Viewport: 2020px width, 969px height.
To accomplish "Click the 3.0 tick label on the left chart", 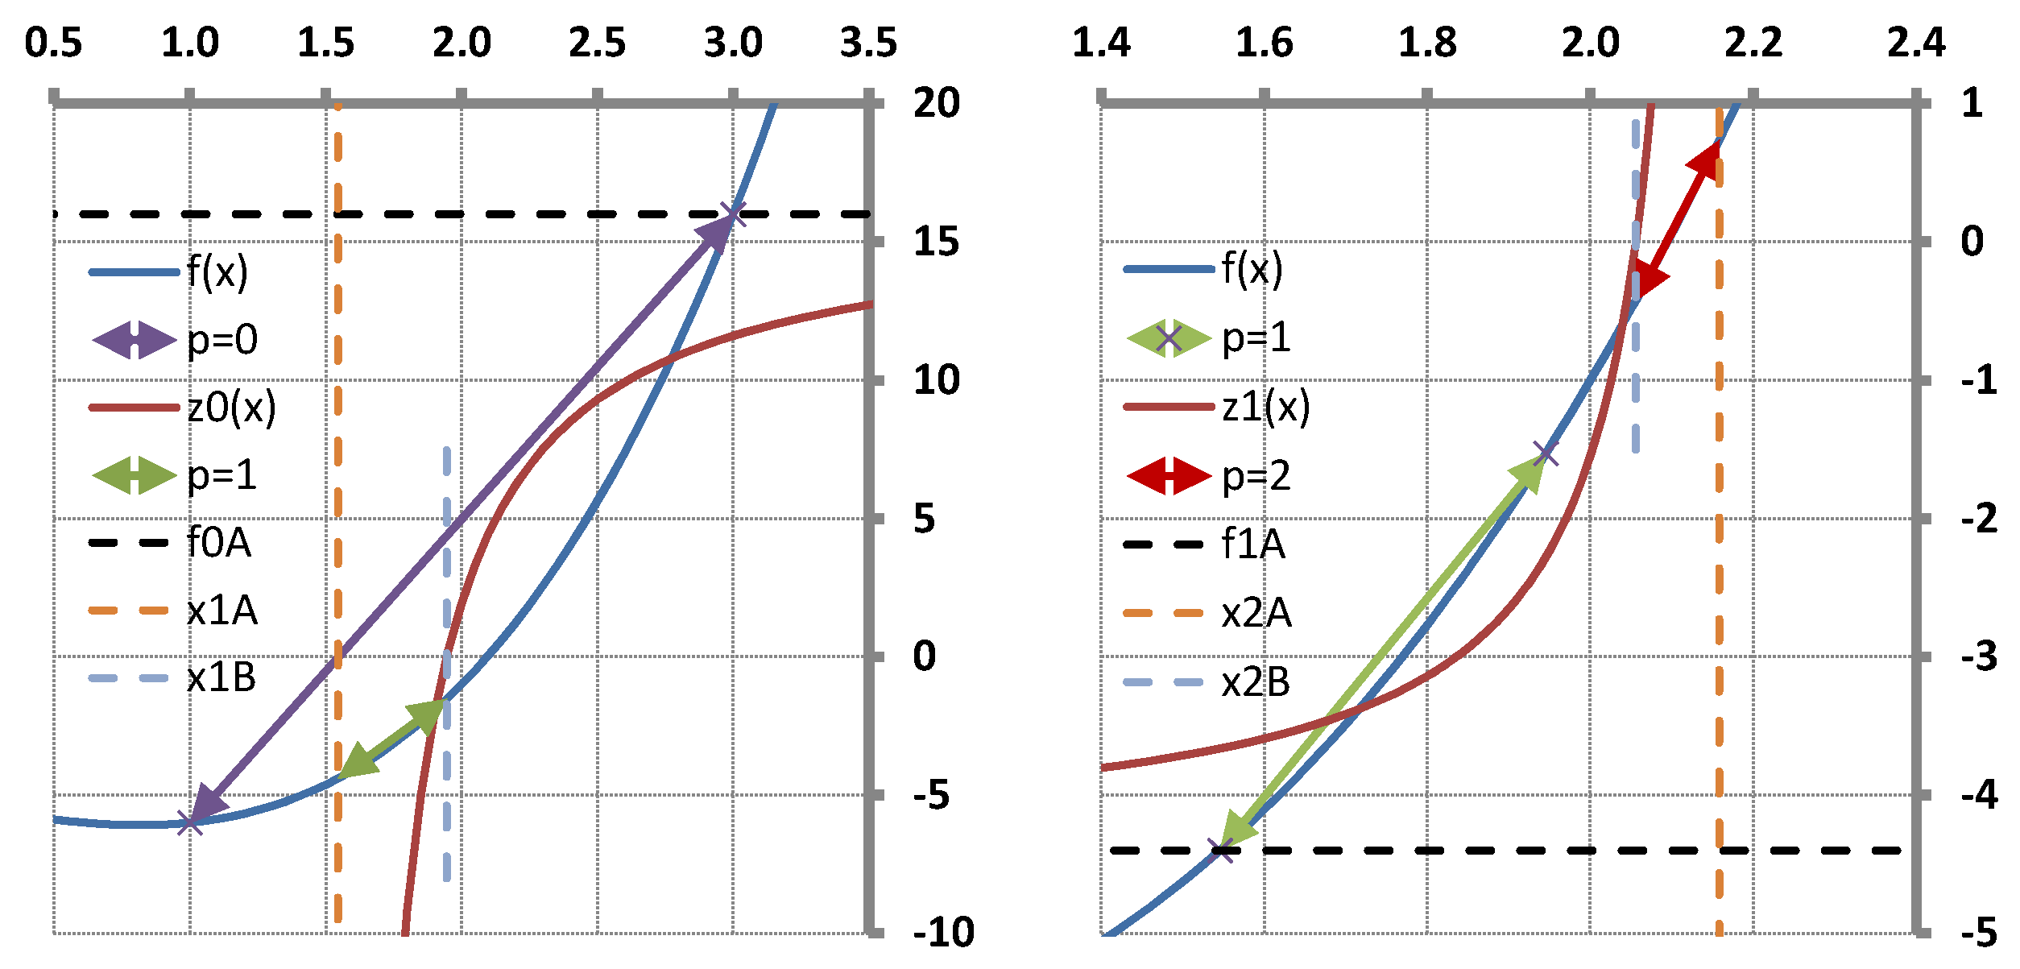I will pyautogui.click(x=732, y=43).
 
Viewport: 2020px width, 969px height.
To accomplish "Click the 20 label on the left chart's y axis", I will pyautogui.click(x=936, y=103).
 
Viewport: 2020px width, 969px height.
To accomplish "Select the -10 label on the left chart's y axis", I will pyautogui.click(x=943, y=933).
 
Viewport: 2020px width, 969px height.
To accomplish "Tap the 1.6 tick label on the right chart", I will pyautogui.click(x=1264, y=43).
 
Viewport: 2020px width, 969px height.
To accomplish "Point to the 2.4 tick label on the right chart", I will pyautogui.click(x=1916, y=43).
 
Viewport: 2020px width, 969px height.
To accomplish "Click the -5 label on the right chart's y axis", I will pyautogui.click(x=1979, y=933).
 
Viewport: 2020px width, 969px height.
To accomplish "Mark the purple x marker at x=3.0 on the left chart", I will pyautogui.click(x=733, y=214).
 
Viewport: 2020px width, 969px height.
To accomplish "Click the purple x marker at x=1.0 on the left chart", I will pyautogui.click(x=190, y=823).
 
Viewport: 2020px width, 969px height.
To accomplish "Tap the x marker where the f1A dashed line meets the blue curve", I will pyautogui.click(x=1222, y=850).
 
